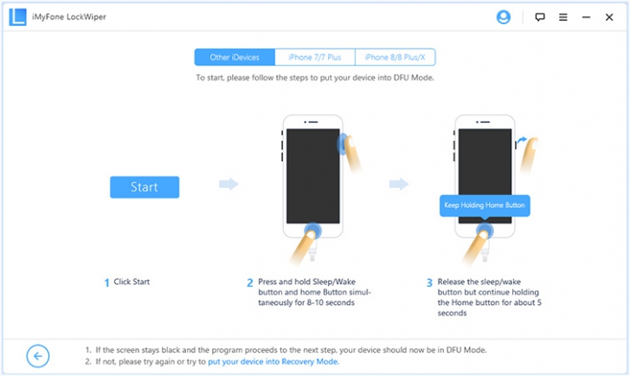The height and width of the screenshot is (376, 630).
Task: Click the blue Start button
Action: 145,186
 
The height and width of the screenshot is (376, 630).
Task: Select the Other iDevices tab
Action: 235,57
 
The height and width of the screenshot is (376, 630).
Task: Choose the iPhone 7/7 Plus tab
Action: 315,57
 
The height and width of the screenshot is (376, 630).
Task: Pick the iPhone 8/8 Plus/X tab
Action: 395,57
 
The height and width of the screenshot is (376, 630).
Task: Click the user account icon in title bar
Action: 504,16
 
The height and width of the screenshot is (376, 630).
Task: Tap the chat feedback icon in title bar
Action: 540,16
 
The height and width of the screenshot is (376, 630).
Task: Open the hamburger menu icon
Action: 563,16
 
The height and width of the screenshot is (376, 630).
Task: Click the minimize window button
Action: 587,16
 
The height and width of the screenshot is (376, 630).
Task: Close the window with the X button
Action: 611,16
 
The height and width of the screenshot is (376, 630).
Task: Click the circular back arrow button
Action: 38,355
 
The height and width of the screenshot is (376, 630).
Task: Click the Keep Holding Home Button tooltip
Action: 485,205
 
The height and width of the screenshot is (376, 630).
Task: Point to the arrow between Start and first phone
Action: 228,184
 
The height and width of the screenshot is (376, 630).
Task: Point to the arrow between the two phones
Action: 399,184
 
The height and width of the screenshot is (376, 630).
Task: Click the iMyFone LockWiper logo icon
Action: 17,16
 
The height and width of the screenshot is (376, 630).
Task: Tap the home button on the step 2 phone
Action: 312,230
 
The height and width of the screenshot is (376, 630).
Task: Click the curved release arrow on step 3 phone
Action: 522,139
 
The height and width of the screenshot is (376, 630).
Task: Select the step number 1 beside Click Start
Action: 107,282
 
